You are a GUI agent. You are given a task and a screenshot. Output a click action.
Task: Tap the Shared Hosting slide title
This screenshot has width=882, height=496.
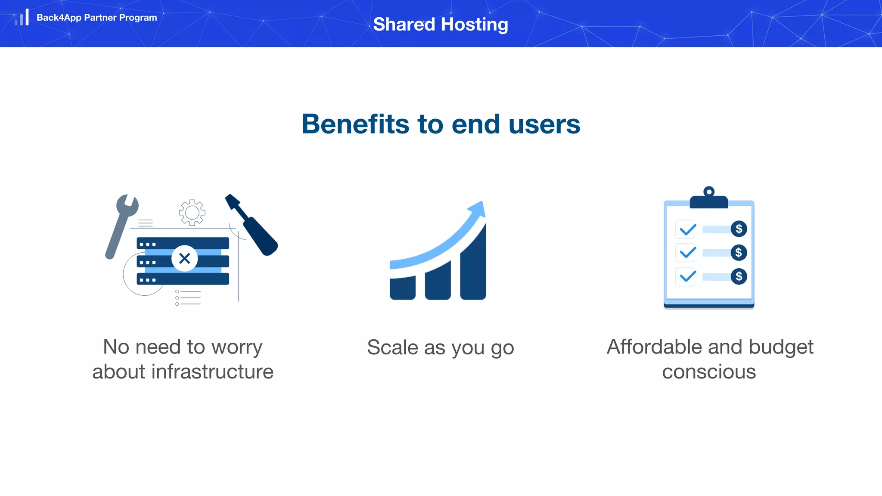(x=441, y=25)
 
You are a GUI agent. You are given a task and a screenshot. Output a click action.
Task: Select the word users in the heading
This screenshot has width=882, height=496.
(x=544, y=124)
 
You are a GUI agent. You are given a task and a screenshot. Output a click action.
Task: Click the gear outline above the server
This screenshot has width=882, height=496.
(x=192, y=212)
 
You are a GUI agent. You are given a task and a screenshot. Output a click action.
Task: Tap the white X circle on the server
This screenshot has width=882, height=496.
(x=184, y=258)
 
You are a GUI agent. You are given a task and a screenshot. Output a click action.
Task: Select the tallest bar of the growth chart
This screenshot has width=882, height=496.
(x=473, y=267)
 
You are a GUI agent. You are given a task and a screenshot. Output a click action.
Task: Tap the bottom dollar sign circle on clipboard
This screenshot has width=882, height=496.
(x=739, y=276)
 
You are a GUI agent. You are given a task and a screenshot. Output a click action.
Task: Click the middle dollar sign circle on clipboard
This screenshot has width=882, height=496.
(x=739, y=253)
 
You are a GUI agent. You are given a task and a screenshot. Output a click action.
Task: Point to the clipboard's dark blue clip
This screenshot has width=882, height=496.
(x=709, y=199)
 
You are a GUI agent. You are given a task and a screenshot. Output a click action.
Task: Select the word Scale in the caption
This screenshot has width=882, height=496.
(x=392, y=347)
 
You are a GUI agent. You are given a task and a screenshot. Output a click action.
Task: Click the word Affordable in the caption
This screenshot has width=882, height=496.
(x=653, y=347)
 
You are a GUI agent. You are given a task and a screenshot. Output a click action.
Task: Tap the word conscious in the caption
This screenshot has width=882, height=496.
(x=709, y=372)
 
